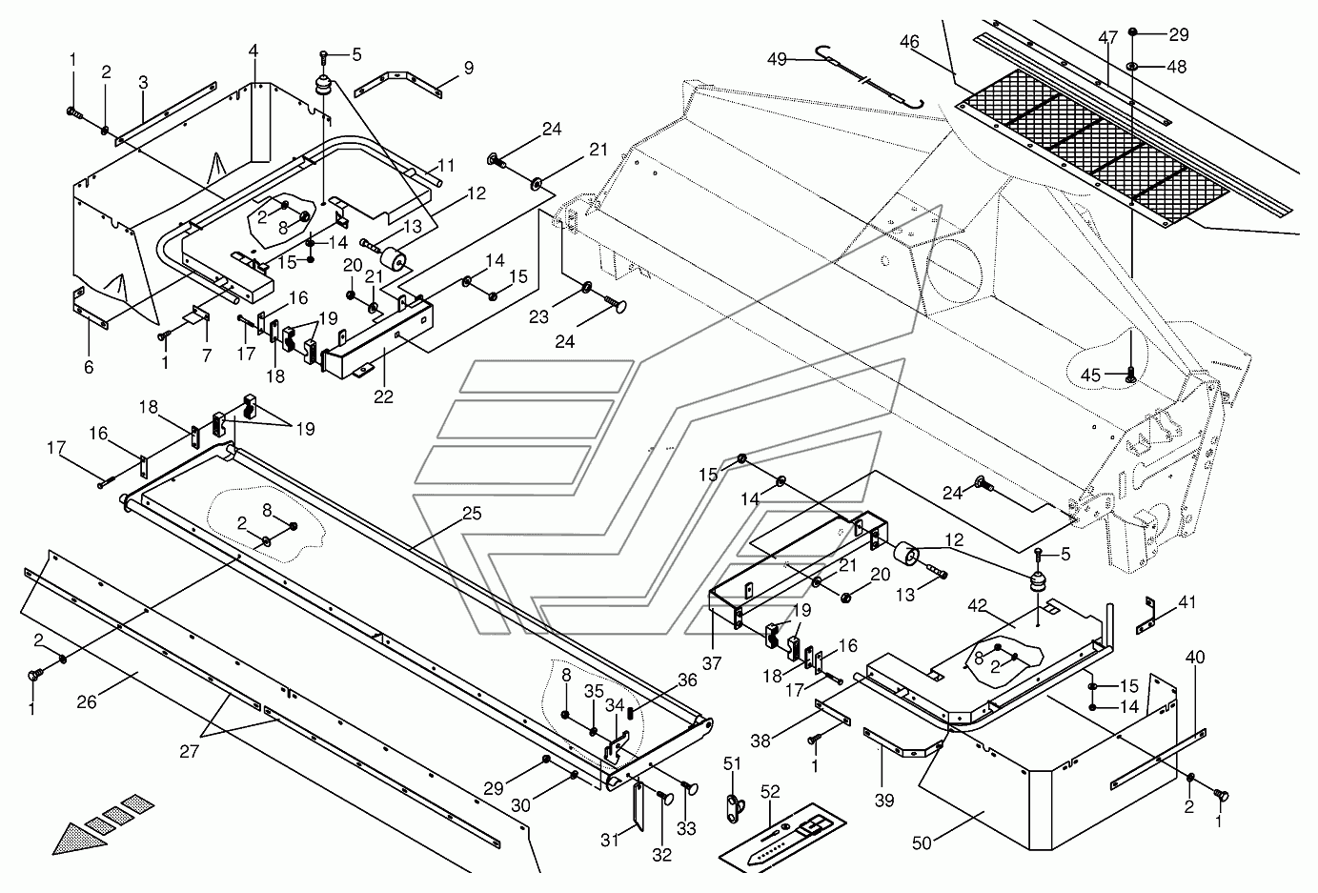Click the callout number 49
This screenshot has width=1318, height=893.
point(778,59)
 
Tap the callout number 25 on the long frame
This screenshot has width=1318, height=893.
point(472,514)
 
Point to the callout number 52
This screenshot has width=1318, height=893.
point(770,790)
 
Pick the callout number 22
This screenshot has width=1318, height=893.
point(383,397)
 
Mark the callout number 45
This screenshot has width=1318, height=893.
point(1090,375)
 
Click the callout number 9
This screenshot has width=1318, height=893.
point(468,68)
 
